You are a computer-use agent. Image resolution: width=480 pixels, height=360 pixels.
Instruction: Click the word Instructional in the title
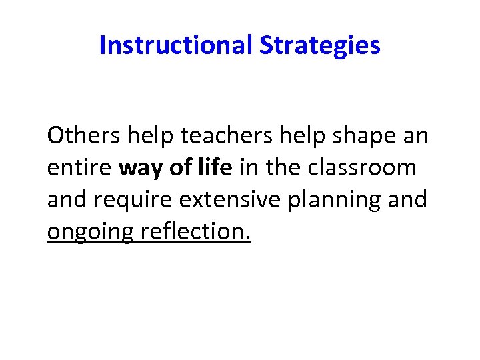coord(175,45)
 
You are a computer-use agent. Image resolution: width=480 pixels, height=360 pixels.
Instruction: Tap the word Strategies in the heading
coord(320,45)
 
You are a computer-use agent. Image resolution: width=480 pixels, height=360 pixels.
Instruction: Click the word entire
coord(79,168)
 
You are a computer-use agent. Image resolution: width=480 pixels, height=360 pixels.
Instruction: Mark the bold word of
coord(181,168)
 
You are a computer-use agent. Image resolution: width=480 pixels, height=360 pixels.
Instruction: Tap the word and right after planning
coord(407,199)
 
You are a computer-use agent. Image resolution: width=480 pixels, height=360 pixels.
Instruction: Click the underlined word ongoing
coord(91,233)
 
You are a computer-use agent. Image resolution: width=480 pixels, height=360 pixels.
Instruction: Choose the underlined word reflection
coord(196,231)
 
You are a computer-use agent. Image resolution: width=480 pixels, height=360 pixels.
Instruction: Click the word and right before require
coord(66,199)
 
